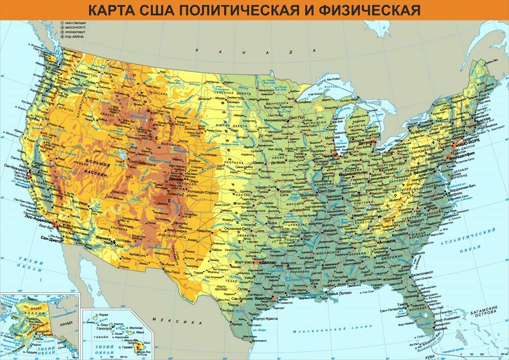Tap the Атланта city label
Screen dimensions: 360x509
[x=387, y=242]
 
